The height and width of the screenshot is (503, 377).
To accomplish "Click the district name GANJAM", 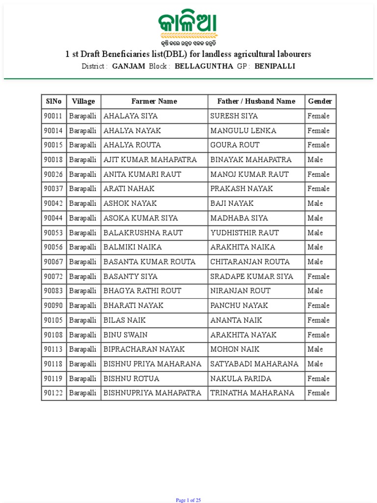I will coord(129,66).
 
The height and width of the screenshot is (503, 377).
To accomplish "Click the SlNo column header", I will coord(54,101).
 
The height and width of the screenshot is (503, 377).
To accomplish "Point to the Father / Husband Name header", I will coord(256,101).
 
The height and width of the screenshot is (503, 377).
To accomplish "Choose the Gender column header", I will coord(320,101).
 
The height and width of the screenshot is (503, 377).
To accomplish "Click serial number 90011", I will coord(53,116).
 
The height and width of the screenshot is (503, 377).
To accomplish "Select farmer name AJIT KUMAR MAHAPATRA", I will coord(150,160).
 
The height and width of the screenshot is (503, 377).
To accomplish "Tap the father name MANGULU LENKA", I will coord(243,131).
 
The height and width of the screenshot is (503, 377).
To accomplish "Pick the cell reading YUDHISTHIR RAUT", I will coord(244,233).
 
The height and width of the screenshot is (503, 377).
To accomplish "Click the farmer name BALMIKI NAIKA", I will coord(133,247).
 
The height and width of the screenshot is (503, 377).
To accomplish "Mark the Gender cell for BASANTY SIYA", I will coord(319,277).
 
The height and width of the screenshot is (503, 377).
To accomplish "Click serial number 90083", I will coord(53,291).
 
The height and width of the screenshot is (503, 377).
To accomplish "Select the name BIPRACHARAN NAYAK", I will coord(144,349).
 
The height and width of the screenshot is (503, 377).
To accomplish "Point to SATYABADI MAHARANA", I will coord(254,364).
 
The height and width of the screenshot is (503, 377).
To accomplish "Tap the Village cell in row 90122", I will coord(83,393).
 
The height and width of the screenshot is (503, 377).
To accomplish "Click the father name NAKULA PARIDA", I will coord(241,379).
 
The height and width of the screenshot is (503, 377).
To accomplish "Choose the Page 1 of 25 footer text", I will coord(188,500).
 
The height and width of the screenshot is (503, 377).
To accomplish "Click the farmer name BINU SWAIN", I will coord(126,335).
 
